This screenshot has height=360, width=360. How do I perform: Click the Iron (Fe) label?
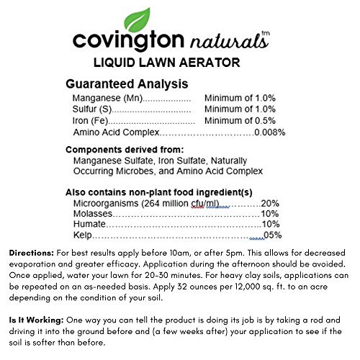click(x=89, y=120)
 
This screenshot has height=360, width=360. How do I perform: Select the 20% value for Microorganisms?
click(x=270, y=203)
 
